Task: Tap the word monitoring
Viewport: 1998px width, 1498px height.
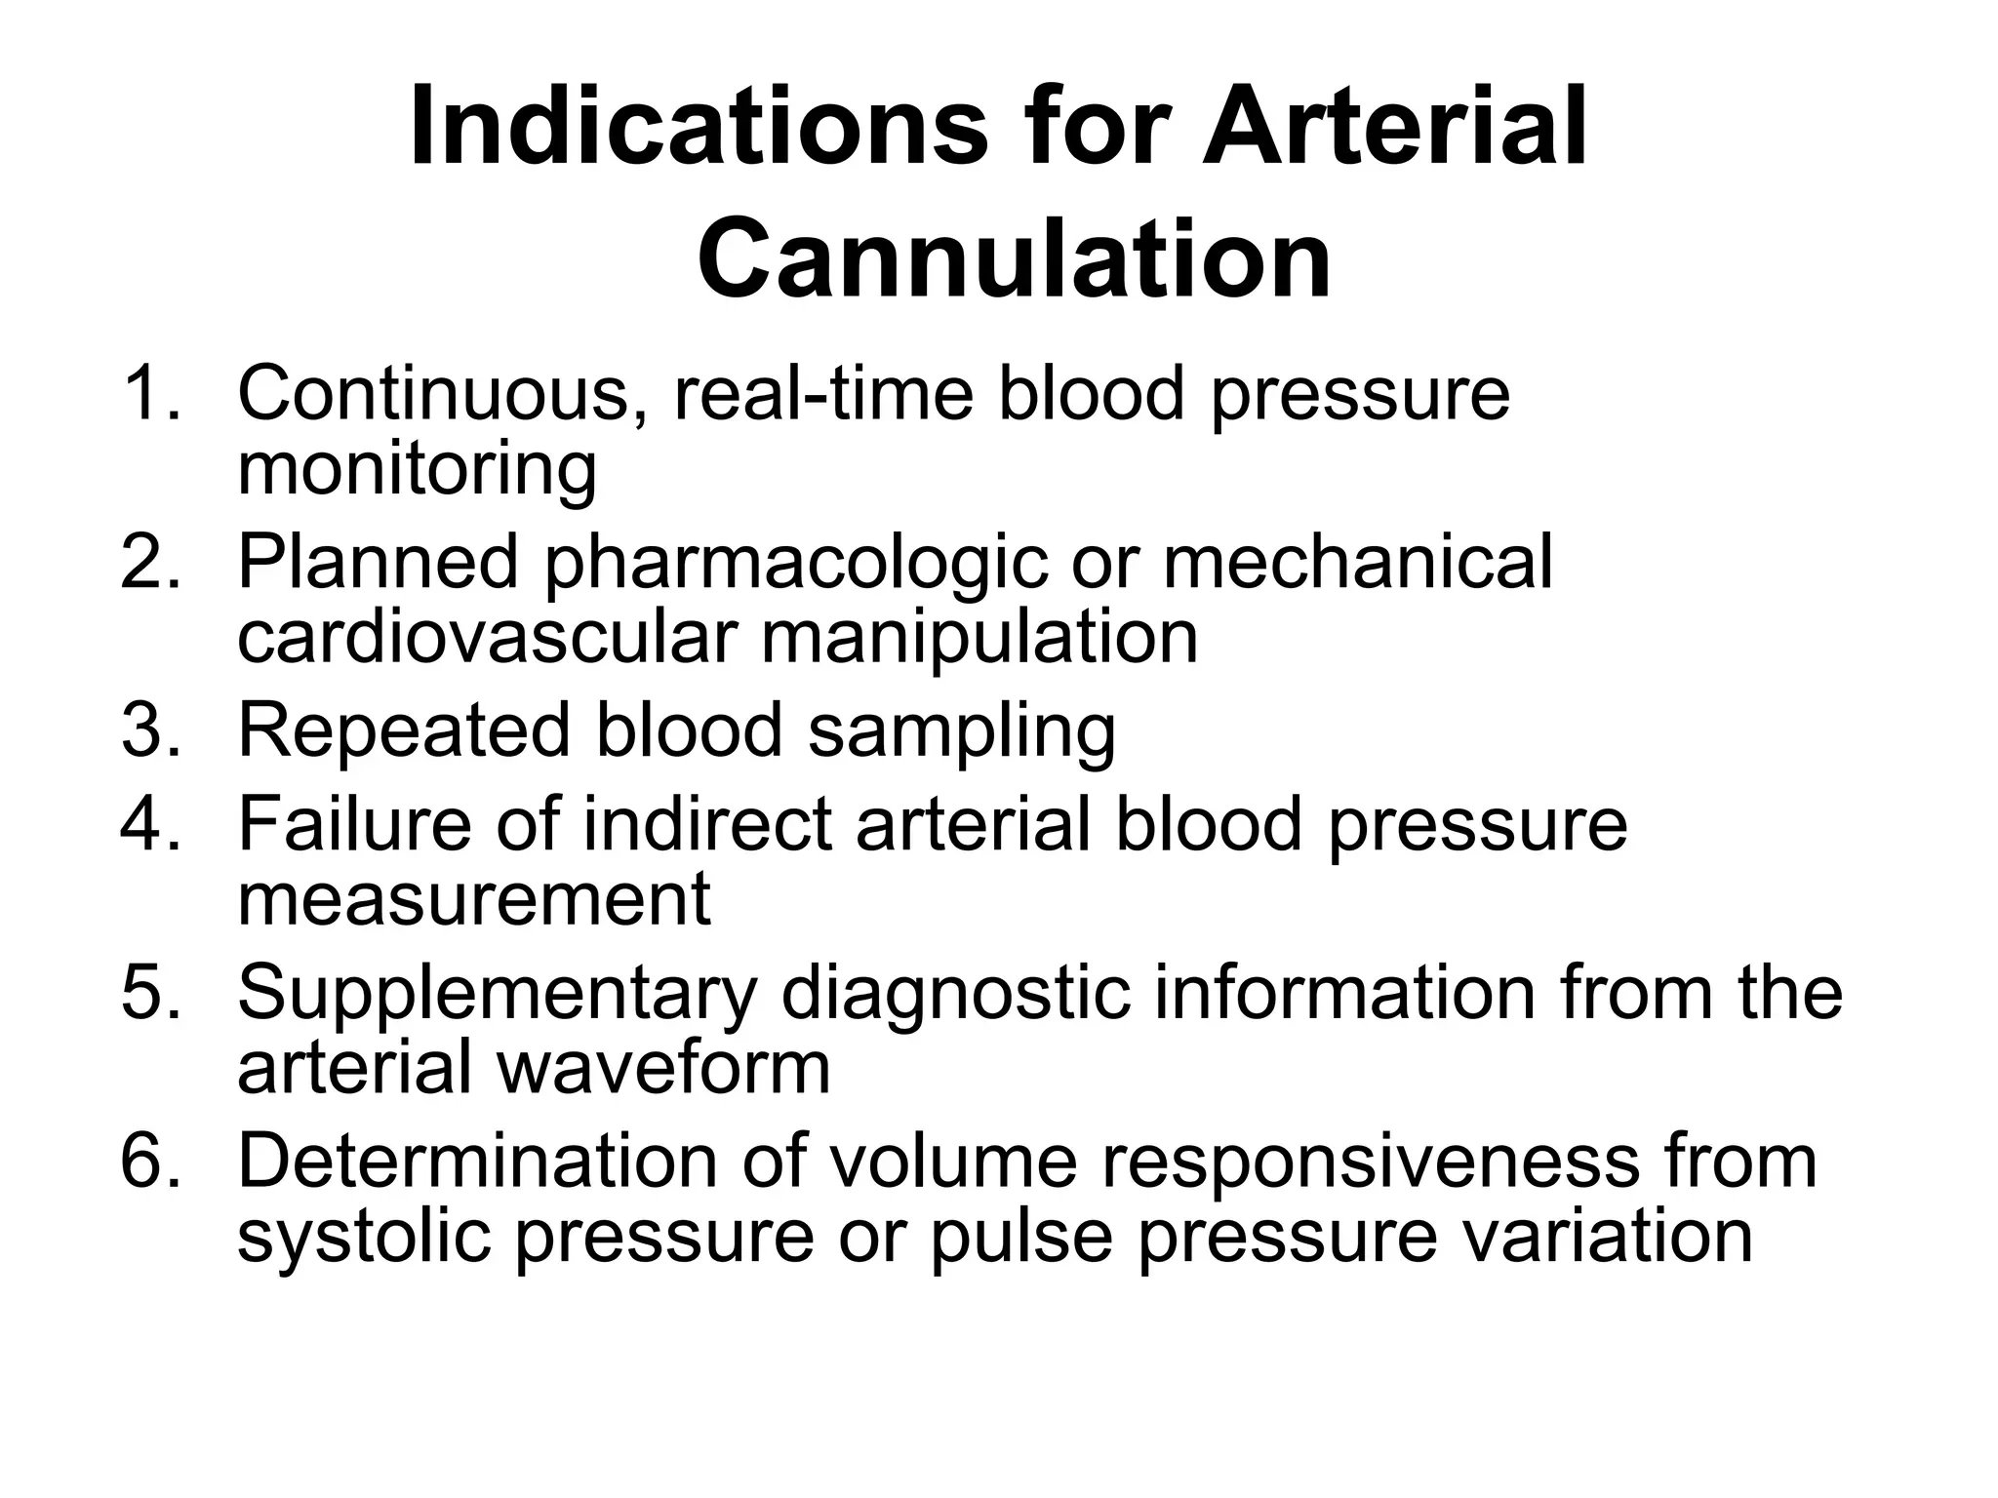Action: tap(417, 469)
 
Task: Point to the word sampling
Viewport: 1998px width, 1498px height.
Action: tap(962, 731)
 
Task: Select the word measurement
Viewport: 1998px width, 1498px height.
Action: tap(474, 899)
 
